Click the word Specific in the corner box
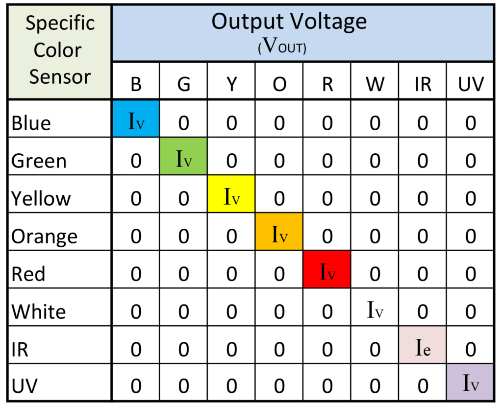(60, 24)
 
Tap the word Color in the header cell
(57, 50)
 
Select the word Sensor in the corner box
(60, 77)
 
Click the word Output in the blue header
(246, 22)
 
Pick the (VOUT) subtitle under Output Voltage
(282, 47)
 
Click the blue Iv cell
(136, 119)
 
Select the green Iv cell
(183, 156)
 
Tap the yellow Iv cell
(231, 194)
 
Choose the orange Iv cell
(279, 232)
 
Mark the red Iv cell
(327, 269)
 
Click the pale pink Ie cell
(422, 345)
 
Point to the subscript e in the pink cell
(427, 350)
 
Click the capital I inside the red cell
(323, 272)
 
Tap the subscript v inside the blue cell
(140, 124)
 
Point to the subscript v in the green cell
(188, 162)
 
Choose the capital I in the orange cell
(275, 234)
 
